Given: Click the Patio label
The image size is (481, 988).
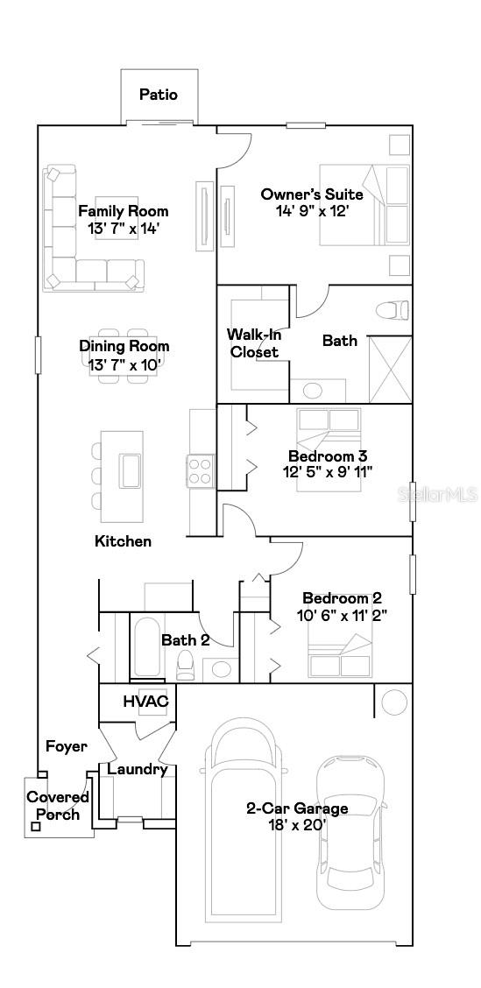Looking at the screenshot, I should pos(159,95).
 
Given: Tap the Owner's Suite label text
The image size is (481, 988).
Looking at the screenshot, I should pos(312,194).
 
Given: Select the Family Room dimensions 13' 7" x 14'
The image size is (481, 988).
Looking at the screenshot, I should pos(124,229).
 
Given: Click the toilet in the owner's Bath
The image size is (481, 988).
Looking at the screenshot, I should pos(392,309).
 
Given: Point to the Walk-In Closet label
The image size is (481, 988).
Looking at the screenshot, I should pos(253,343).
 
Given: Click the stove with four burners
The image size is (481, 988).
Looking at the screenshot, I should pos(201,470).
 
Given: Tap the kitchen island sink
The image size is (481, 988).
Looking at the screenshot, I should pos(131,470).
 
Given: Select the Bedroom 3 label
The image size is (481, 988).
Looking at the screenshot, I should pos(328,456).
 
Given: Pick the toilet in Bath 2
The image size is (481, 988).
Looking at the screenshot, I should pos(186,666).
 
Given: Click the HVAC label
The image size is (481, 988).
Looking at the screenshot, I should pos(145,702).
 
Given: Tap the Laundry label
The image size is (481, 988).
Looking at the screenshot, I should pos(138,770).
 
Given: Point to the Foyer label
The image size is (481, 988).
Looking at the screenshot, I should pos(67,746).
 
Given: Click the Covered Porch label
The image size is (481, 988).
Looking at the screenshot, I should pos(58,806).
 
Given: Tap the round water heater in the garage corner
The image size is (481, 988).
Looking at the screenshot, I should pos(394,702).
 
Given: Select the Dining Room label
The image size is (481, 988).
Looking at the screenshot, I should pos(124,346).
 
